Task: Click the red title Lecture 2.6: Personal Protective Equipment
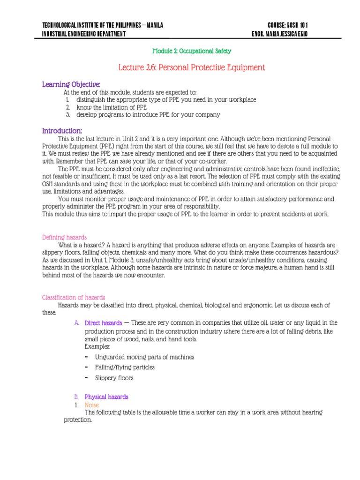point(192,67)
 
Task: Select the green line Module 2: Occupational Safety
point(192,51)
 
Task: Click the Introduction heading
point(62,130)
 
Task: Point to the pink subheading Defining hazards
point(64,237)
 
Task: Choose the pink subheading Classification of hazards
point(74,297)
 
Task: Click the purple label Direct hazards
point(103,323)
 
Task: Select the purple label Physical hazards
point(106,397)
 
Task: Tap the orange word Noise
point(92,405)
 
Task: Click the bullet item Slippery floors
point(114,378)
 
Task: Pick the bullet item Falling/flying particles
point(125,367)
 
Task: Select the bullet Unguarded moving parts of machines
point(144,357)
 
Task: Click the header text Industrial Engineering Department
point(84,34)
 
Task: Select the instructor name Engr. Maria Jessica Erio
point(280,34)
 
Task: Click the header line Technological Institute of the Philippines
point(103,25)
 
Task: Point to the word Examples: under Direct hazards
point(97,346)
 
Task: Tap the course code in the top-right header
point(288,25)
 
